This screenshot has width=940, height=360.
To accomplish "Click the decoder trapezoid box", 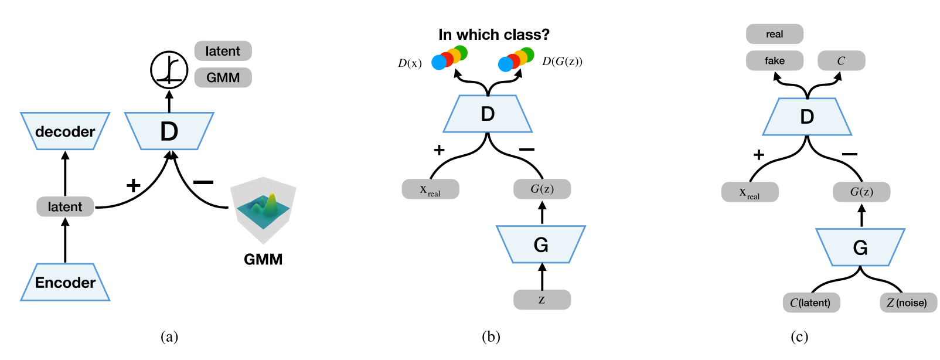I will pos(65,131).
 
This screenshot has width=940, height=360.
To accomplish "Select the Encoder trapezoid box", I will pos(65,283).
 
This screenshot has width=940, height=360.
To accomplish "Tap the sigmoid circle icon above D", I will pos(169,70).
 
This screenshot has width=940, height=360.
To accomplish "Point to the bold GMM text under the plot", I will pos(263,259).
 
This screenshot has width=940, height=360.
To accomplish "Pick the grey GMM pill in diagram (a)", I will pos(223,77).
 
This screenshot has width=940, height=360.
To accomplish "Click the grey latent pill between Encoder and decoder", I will pos(65,206).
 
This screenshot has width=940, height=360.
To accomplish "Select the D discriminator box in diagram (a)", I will pos(169,131).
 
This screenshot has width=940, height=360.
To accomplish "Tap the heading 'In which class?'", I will pos(494,35).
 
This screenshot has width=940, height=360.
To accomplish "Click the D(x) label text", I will pos(410,63).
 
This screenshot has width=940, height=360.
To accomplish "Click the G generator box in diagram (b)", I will pos(541,244).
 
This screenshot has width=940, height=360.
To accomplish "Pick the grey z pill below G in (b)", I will pos(542,300).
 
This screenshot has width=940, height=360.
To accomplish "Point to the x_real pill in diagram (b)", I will pos(430,189).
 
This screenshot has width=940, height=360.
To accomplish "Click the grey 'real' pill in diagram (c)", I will pos(774,34).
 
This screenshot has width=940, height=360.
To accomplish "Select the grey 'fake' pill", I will pos(774,60).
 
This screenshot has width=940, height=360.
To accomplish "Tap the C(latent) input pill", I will pos(811,303).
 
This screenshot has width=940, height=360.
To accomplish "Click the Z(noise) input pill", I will pos(908,303).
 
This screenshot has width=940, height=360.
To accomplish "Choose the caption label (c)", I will pos(799,337).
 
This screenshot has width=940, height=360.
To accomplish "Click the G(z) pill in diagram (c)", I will pos(861,192).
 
